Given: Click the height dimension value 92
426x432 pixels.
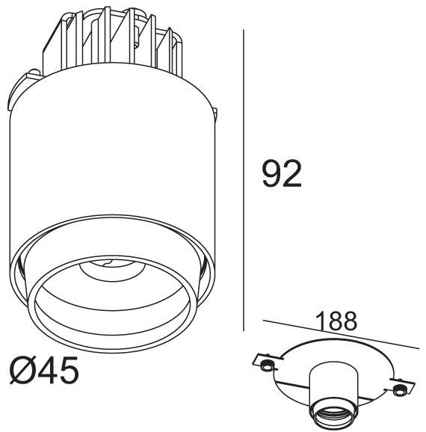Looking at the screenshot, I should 282,173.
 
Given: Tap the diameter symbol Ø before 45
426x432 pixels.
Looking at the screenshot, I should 24,371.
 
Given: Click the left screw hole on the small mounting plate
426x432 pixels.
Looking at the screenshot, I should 265,365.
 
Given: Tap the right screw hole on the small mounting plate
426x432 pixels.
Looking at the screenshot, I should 399,389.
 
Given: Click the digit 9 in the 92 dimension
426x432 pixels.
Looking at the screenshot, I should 271,173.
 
